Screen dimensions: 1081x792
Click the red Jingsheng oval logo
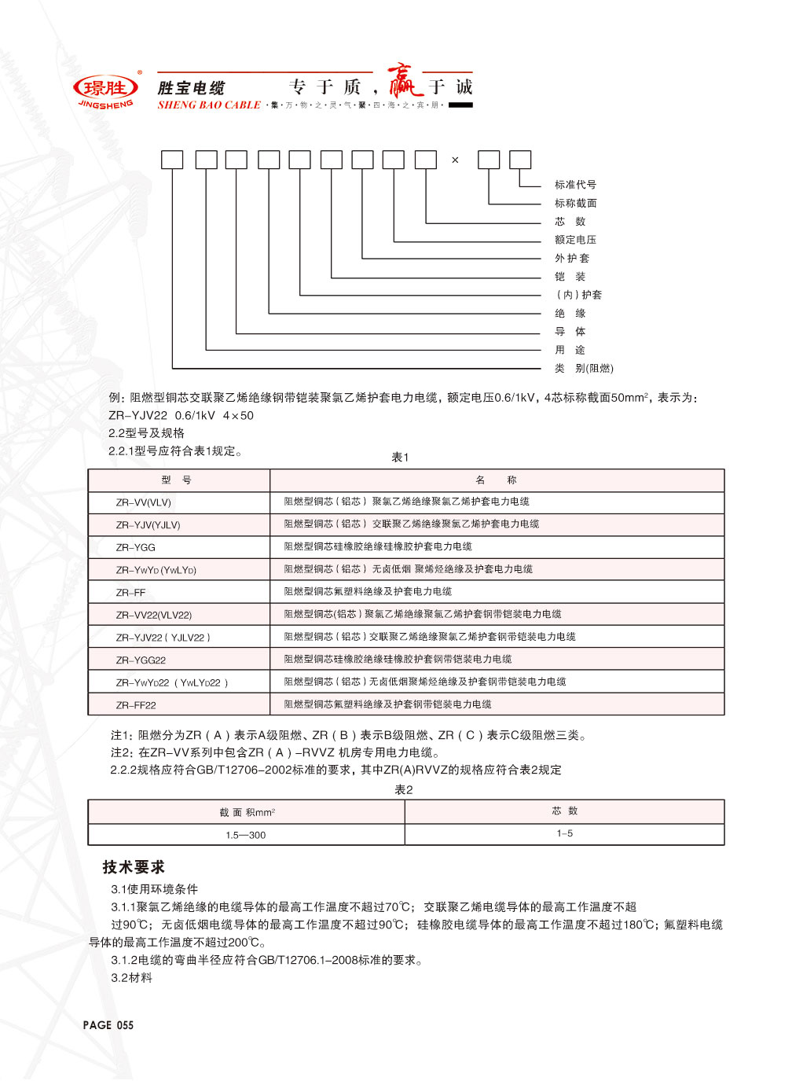105,88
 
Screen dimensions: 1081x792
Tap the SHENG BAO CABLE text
209,105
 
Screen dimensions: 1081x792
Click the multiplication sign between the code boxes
455,160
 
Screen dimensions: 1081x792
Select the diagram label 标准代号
575,185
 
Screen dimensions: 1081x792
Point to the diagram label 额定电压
575,240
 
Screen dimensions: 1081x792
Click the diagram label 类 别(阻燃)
583,368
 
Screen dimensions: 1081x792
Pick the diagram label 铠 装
570,277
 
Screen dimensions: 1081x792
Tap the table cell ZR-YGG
136,547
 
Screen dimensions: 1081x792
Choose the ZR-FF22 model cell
136,705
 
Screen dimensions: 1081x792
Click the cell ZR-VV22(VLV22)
154,615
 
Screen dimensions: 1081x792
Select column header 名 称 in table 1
496,480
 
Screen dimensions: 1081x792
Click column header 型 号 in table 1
177,480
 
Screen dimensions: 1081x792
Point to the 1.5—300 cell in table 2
246,835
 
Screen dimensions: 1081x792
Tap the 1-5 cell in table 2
565,833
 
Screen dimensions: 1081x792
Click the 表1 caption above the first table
401,458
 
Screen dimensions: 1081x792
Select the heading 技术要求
134,867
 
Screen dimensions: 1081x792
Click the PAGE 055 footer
108,1025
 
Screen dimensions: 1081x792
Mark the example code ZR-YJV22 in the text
138,416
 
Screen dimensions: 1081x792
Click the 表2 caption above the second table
403,790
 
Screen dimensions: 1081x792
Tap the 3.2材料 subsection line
132,978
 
